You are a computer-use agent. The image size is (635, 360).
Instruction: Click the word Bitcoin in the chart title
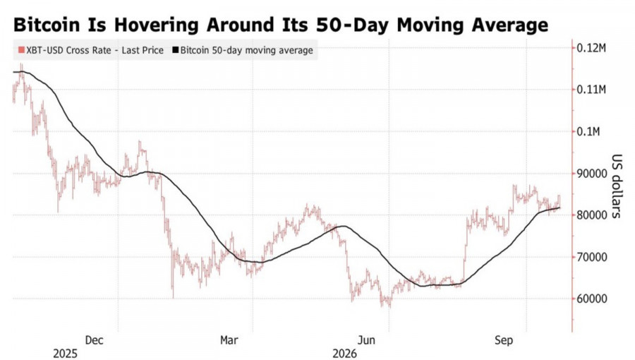coord(47,25)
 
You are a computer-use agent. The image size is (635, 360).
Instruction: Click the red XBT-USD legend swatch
coord(21,50)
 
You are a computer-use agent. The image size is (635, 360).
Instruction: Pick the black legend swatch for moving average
coord(176,50)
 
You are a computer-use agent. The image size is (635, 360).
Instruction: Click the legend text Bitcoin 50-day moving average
coord(247,51)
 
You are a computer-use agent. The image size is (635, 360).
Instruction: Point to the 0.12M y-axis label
coord(591,48)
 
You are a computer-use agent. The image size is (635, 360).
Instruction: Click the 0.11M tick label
coord(591,90)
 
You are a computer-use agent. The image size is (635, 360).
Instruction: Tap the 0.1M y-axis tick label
coord(588,131)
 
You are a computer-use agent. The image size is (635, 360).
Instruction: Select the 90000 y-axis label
coord(592,174)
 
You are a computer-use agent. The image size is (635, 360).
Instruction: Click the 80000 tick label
coord(592,215)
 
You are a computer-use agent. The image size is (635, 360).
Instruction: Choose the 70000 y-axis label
coord(592,257)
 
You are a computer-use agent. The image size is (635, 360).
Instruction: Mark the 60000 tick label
coord(592,299)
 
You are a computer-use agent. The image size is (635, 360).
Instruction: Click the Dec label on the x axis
coord(94,340)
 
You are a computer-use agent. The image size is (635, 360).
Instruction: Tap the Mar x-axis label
coord(229,340)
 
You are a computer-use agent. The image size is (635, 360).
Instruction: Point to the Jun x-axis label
coord(366,340)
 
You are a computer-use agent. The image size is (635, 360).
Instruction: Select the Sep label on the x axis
coord(503,340)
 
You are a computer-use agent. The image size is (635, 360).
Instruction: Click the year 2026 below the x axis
coord(344,354)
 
